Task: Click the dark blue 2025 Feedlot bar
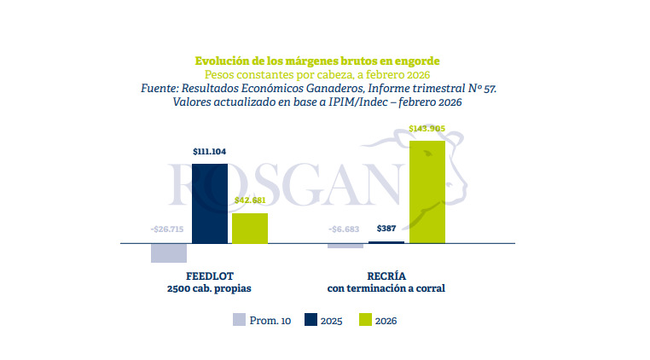(210, 203)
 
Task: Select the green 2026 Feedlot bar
(250, 228)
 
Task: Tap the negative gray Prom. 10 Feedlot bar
(169, 253)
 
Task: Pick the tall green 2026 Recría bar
(427, 192)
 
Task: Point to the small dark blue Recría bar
(386, 242)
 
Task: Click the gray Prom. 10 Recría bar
(345, 246)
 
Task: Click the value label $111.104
(209, 152)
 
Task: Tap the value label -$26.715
(168, 229)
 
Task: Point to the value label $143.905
(427, 129)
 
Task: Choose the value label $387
(386, 229)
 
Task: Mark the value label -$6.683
(345, 229)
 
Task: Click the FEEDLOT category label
(209, 276)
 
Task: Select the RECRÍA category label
(386, 276)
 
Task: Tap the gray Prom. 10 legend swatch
(239, 321)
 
